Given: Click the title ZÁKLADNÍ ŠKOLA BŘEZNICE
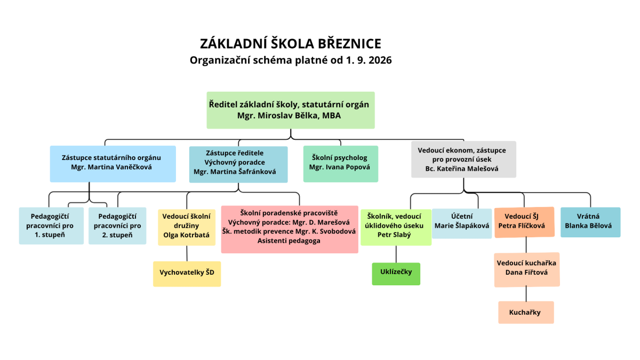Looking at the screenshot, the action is [x=291, y=44].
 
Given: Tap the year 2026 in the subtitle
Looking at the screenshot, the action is [x=380, y=60].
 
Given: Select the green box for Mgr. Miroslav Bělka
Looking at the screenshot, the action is [x=291, y=110].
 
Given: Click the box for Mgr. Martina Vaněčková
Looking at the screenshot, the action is [x=113, y=164].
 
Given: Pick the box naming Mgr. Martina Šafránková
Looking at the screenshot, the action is [x=238, y=165].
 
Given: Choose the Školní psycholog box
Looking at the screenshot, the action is [x=341, y=164].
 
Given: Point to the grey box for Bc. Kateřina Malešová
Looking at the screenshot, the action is [x=463, y=159].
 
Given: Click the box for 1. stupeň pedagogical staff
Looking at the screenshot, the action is [x=51, y=226].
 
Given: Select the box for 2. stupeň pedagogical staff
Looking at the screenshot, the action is [x=117, y=226].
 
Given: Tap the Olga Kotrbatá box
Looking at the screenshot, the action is [x=187, y=227].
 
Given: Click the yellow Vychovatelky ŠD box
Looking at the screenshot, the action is [x=187, y=274].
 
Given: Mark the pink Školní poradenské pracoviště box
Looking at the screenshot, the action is [x=290, y=229].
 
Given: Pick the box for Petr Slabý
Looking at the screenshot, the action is [x=396, y=227].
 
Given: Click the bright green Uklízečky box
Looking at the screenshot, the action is [x=396, y=274].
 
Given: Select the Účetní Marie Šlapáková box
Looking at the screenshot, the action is [x=462, y=223].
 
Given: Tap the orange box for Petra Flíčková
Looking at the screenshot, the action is [x=525, y=222].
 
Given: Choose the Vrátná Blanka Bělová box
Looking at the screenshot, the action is [x=590, y=222].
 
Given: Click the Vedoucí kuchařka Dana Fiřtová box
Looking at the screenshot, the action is [x=527, y=270].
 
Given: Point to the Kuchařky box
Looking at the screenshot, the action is [x=526, y=313].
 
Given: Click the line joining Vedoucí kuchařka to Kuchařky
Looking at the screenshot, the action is [x=526, y=294].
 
